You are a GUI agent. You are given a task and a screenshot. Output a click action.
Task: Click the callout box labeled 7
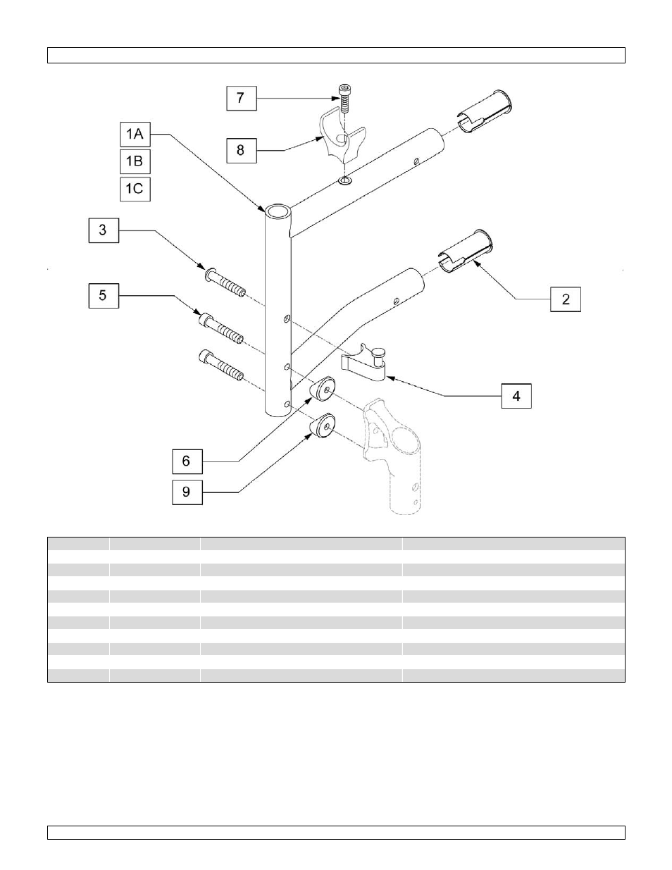[242, 98]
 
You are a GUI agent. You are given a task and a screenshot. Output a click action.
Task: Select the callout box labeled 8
[242, 151]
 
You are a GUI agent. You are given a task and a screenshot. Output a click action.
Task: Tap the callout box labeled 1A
[135, 134]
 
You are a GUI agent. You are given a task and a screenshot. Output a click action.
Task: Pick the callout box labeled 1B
[135, 162]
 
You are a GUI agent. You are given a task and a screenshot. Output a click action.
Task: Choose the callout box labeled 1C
[135, 189]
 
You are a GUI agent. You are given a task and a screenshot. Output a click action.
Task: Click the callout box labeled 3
[104, 230]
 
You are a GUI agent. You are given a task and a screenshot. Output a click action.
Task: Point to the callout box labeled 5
[104, 296]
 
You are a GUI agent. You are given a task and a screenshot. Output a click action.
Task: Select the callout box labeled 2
[566, 299]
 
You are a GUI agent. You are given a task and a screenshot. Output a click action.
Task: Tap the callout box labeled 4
[516, 396]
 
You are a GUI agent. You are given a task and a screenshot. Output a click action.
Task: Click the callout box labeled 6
[187, 461]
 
